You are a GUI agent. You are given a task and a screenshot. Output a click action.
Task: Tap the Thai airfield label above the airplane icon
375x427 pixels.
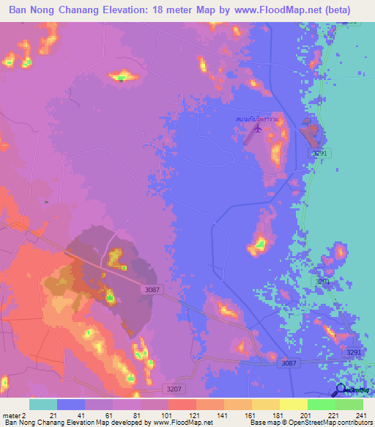pyautogui.click(x=257, y=118)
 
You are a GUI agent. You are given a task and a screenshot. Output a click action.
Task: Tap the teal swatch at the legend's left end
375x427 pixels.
pyautogui.click(x=43, y=404)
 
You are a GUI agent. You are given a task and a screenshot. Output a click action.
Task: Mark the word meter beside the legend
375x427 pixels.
pyautogui.click(x=11, y=415)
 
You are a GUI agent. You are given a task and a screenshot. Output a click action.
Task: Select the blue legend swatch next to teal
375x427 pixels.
pyautogui.click(x=71, y=404)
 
